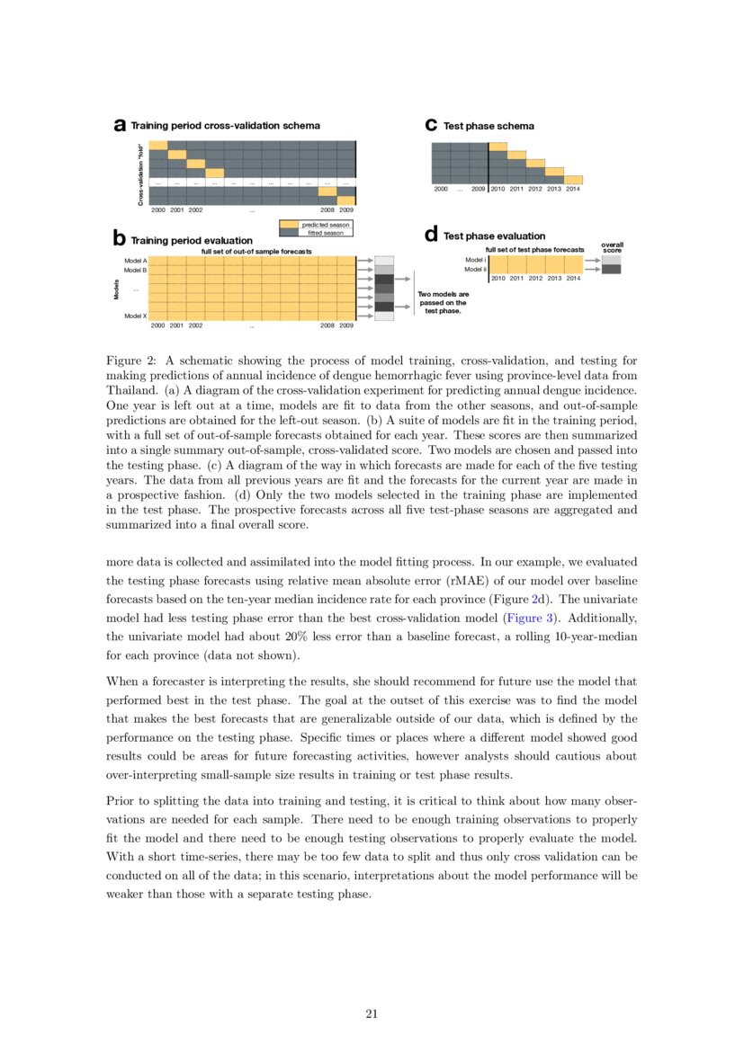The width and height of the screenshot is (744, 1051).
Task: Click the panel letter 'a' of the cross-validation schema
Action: (x=119, y=127)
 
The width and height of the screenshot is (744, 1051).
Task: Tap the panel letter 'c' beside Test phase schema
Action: (x=431, y=126)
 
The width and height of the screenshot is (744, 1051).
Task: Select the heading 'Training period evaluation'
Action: (x=192, y=241)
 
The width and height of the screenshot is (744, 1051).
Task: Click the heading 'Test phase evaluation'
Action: (x=494, y=236)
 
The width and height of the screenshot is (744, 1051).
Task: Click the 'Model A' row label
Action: (x=135, y=260)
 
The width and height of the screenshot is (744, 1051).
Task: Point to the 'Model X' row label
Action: (x=135, y=316)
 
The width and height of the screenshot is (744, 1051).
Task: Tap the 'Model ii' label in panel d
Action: (x=475, y=269)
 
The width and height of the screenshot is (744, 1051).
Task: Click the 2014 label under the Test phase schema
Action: (x=573, y=190)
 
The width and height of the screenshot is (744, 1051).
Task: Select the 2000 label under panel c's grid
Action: (x=441, y=190)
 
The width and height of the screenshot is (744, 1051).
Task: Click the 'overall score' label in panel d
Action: (x=612, y=246)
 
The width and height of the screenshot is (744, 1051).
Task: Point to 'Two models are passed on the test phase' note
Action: (x=444, y=302)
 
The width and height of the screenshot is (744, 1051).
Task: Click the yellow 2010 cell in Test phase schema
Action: (x=497, y=147)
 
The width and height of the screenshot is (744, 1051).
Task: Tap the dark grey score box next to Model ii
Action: (x=611, y=269)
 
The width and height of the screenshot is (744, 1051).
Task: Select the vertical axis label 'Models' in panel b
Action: (x=116, y=289)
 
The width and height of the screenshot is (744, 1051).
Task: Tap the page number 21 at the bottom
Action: (x=372, y=1014)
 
